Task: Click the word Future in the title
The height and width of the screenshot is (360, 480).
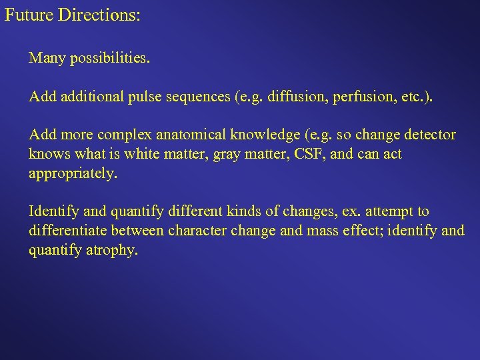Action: click(29, 14)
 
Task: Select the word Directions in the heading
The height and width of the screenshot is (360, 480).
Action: click(99, 14)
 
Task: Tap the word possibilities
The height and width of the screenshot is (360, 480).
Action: click(109, 59)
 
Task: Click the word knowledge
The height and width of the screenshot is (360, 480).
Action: click(265, 135)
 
